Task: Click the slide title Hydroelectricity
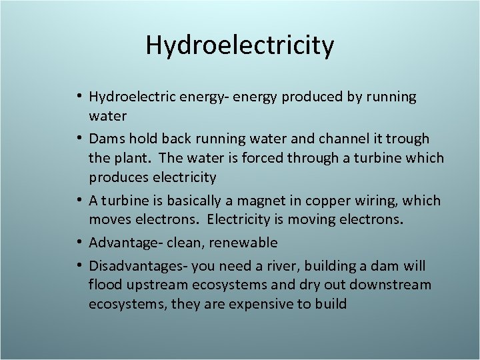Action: (240, 46)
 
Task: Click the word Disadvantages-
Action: (139, 266)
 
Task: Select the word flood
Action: (104, 285)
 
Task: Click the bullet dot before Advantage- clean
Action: (79, 243)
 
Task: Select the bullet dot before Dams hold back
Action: (79, 139)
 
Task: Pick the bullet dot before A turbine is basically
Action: (79, 201)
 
